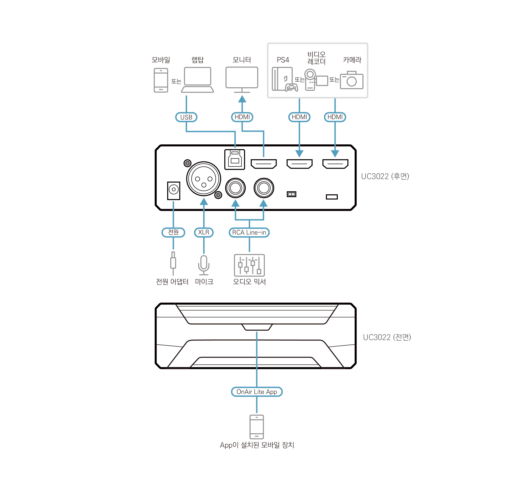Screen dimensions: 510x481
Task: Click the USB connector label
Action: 186,117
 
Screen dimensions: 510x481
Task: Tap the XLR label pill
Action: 204,232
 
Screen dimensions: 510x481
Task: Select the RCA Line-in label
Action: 249,232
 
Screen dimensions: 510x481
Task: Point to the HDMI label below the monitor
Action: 242,117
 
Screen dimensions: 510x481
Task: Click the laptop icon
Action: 197,80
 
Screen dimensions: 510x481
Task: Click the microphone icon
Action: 204,265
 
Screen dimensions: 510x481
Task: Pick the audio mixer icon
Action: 249,265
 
